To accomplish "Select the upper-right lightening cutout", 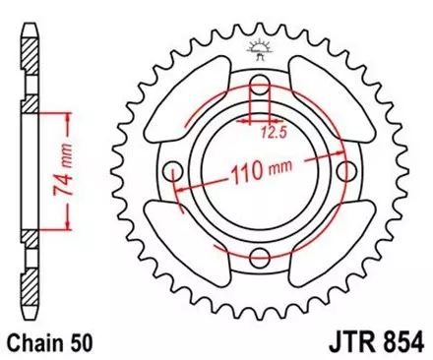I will click(x=329, y=98).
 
